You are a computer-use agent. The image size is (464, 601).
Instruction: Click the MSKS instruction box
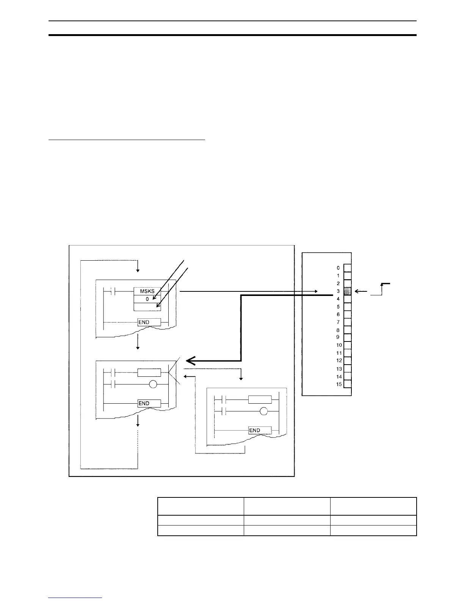pyautogui.click(x=147, y=291)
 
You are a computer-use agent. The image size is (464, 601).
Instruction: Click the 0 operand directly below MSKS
pyautogui.click(x=147, y=299)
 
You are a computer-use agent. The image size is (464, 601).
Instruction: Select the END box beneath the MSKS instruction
pyautogui.click(x=149, y=322)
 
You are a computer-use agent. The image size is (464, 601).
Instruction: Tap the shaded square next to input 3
pyautogui.click(x=347, y=291)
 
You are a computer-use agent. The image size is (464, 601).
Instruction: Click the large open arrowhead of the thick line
pyautogui.click(x=191, y=360)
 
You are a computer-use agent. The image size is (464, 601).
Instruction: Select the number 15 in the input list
pyautogui.click(x=339, y=384)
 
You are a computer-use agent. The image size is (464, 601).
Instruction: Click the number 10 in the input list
pyautogui.click(x=339, y=345)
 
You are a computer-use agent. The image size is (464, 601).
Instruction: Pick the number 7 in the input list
pyautogui.click(x=338, y=322)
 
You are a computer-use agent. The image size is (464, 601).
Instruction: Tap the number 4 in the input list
pyautogui.click(x=338, y=299)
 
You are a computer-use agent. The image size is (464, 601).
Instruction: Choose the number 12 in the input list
pyautogui.click(x=339, y=361)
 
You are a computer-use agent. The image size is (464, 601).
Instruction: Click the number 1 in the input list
pyautogui.click(x=338, y=276)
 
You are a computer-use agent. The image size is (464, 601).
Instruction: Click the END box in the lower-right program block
pyautogui.click(x=260, y=430)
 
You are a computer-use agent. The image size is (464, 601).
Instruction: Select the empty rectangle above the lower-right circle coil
pyautogui.click(x=260, y=400)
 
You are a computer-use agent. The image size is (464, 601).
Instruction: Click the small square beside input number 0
pyautogui.click(x=347, y=268)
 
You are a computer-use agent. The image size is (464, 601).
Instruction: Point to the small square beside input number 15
pyautogui.click(x=347, y=384)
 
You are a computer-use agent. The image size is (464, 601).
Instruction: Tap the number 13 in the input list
pyautogui.click(x=339, y=369)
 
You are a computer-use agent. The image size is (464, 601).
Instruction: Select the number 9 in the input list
pyautogui.click(x=338, y=337)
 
